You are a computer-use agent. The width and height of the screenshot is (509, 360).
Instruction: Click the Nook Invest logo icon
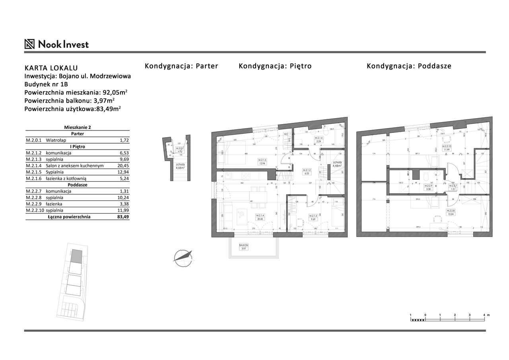[x=30, y=44]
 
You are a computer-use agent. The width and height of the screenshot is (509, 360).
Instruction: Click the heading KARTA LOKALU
[x=51, y=68]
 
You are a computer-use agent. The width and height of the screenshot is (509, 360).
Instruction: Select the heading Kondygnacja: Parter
[x=181, y=66]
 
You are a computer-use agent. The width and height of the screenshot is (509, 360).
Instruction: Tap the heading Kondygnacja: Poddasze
[x=409, y=66]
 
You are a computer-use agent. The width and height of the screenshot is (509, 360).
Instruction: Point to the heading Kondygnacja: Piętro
[x=275, y=66]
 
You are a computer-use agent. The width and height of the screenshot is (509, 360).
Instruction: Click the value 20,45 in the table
[x=123, y=166]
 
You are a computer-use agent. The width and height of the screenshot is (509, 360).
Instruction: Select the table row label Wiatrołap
[x=56, y=140]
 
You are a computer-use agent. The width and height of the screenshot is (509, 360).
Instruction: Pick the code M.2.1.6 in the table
[x=34, y=179]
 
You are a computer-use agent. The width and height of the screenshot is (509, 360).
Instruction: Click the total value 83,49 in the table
[x=123, y=217]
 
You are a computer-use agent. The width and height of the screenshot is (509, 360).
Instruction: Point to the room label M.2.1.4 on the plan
[x=260, y=217]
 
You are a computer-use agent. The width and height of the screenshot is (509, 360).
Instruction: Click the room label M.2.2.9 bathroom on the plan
[x=428, y=187]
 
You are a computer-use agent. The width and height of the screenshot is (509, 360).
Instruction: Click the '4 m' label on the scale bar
[x=486, y=315]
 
